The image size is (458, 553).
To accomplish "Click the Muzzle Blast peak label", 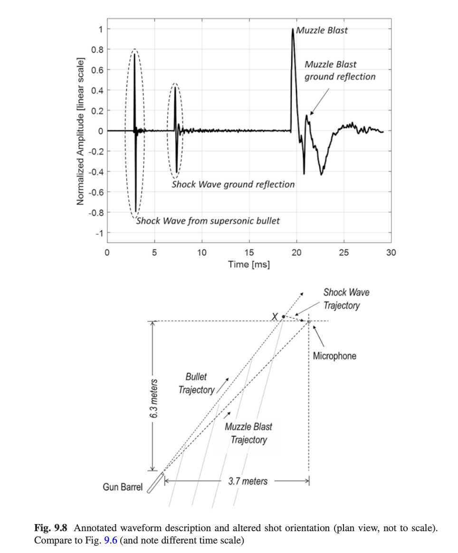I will [322, 30].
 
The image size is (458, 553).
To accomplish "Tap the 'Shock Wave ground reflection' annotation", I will [233, 184].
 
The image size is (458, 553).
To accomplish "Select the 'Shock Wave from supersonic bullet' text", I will [208, 221].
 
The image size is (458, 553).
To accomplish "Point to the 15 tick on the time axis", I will [249, 253].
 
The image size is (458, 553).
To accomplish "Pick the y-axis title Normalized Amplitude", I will [81, 132].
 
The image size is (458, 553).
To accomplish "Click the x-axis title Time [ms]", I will [248, 264].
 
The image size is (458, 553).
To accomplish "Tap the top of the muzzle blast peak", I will [293, 30].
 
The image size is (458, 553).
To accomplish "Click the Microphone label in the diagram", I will [334, 356].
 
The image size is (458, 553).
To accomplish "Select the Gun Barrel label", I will [123, 487].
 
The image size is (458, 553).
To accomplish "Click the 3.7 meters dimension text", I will [248, 481].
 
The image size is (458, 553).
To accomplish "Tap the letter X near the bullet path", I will [274, 317].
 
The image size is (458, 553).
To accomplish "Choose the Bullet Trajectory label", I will [196, 383].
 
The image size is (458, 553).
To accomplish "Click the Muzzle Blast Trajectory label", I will [248, 433].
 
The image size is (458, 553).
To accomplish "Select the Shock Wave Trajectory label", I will [346, 299].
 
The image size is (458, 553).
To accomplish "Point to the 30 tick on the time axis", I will [391, 253].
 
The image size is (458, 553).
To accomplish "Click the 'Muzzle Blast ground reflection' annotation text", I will [339, 70].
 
